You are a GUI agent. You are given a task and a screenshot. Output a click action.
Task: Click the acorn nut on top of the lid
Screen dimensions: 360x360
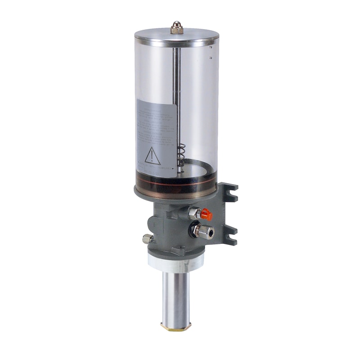coord(176,28)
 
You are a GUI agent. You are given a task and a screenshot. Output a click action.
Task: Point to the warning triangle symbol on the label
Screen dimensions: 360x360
coord(153,156)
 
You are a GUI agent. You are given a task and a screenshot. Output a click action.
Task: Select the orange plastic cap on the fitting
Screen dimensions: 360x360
coord(207,214)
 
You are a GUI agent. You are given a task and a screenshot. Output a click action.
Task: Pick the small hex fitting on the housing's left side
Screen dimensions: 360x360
coord(147,239)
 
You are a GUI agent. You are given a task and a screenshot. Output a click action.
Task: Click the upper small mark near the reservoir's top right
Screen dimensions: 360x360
coord(210,47)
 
